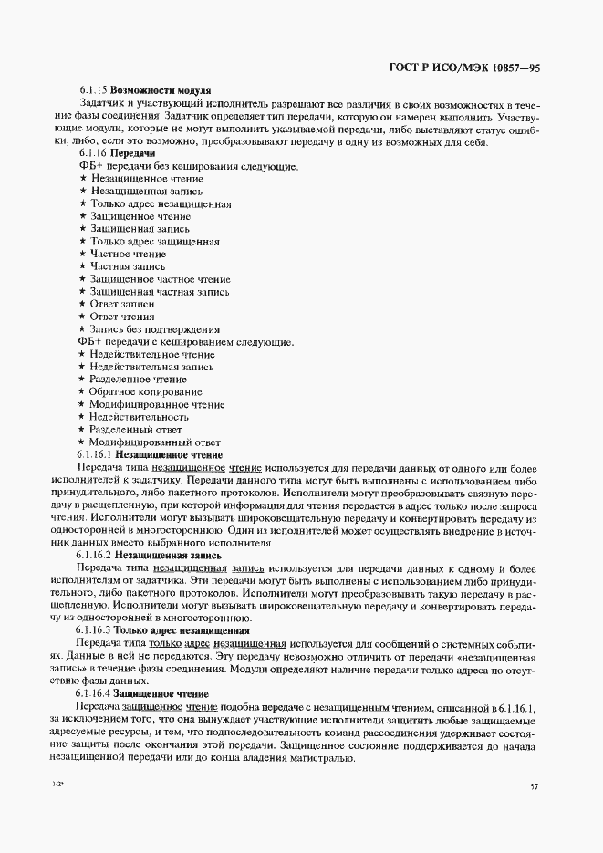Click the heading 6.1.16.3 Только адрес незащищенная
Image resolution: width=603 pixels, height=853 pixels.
tap(163, 629)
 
